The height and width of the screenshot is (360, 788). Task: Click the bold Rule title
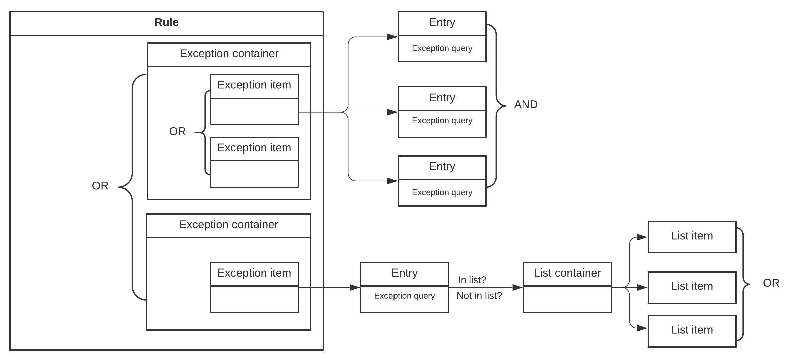click(166, 22)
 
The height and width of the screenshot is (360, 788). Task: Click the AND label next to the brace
click(526, 105)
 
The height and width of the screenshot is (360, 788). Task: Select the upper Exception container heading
click(229, 54)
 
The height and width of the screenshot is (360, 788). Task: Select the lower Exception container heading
click(228, 225)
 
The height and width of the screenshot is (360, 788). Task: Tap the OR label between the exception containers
click(100, 186)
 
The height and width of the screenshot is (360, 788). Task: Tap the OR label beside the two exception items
click(177, 131)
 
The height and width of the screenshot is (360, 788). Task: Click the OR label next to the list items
click(771, 283)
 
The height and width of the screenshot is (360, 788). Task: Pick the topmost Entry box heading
click(442, 23)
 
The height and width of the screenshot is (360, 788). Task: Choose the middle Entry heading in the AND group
click(442, 98)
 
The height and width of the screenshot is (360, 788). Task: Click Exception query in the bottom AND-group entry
click(442, 192)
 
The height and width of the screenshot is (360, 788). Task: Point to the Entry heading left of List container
click(404, 273)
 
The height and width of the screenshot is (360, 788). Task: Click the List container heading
click(567, 273)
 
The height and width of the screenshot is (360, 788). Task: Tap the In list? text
click(472, 280)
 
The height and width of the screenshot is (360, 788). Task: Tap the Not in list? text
click(479, 296)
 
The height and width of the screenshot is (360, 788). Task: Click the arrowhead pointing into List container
click(517, 287)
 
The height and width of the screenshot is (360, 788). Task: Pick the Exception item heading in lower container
click(254, 273)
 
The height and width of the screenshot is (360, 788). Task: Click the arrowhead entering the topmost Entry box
click(392, 37)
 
